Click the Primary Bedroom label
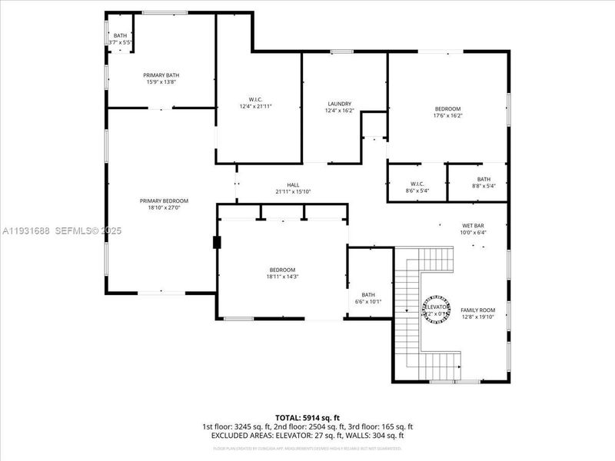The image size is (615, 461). pyautogui.click(x=164, y=201)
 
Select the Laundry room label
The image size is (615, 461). pyautogui.click(x=339, y=104)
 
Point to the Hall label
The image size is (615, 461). pyautogui.click(x=293, y=184)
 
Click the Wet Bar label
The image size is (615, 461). pyautogui.click(x=473, y=225)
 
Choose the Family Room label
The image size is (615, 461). pyautogui.click(x=477, y=310)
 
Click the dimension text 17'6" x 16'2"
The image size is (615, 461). pyautogui.click(x=447, y=116)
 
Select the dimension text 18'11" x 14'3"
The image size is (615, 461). pyautogui.click(x=282, y=277)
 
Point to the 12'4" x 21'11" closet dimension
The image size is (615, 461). pyautogui.click(x=256, y=107)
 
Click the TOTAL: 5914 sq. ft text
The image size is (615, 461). pyautogui.click(x=307, y=417)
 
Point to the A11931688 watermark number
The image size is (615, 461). pyautogui.click(x=27, y=230)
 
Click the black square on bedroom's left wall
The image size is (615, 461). pyautogui.click(x=218, y=243)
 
